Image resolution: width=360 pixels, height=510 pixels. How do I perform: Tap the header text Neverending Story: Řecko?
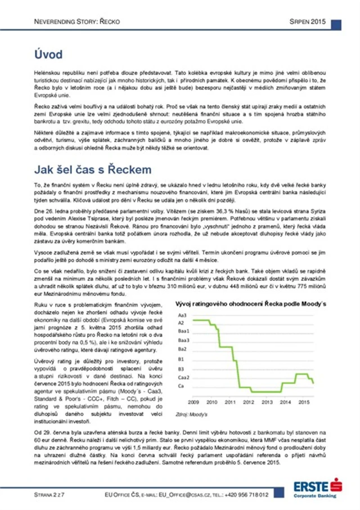pos(70,24)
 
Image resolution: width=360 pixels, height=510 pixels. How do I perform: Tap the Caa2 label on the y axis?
pos(183,377)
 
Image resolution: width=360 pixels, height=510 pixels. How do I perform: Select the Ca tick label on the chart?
pos(181,386)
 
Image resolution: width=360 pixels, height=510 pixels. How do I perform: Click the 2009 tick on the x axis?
pos(193,402)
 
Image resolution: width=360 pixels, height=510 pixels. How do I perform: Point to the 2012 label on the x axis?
pos(249,402)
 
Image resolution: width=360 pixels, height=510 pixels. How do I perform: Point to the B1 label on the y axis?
pos(181,359)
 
